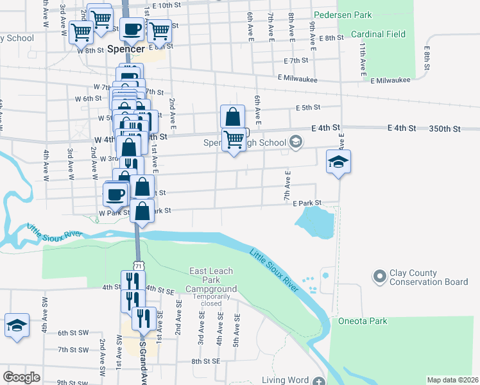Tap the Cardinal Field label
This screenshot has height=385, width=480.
[377, 34]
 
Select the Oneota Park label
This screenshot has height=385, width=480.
[363, 321]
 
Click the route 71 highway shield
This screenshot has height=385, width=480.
[139, 265]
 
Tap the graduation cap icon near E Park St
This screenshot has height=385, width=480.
[338, 162]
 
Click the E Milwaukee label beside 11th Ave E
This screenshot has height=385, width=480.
[390, 80]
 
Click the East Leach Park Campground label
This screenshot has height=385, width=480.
[211, 280]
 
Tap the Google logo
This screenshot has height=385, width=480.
[21, 377]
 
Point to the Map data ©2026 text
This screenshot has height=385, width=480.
[452, 380]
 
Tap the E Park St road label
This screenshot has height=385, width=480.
[307, 203]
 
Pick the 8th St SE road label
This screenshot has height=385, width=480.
[205, 362]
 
